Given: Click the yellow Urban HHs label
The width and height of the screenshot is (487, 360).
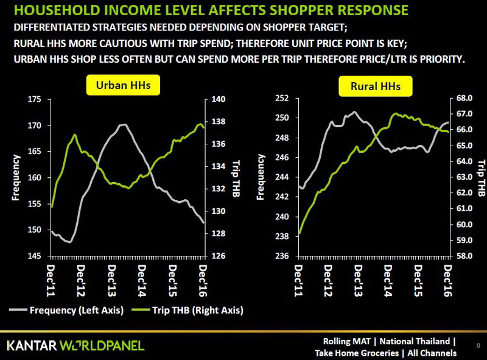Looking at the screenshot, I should pos(124,85).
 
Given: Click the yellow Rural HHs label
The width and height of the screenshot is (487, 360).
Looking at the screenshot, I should pos(376,86).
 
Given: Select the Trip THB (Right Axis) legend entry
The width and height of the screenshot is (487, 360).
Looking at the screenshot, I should pos(194,310).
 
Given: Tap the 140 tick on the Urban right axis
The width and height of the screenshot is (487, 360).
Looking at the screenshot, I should pos(219,99).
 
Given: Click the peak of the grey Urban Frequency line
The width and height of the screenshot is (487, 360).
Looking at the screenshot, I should pos(124,124).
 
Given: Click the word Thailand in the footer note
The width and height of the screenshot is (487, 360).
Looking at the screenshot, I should pos(431,341).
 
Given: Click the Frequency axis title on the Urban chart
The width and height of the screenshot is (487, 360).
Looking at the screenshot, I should pos(16,177).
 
